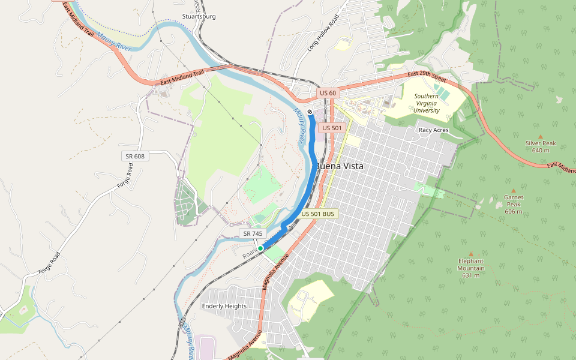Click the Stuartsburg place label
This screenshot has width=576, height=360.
(x=199, y=17)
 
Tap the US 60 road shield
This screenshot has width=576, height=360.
(x=328, y=93)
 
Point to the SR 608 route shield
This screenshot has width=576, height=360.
(x=135, y=156)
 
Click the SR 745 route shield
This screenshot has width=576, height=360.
(x=253, y=233)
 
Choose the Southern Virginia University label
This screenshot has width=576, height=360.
(x=426, y=103)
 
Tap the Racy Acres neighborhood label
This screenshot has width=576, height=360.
(x=433, y=130)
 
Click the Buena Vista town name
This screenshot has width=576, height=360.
(x=339, y=166)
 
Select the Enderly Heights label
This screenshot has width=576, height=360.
(x=224, y=306)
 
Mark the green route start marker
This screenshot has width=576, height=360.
(x=260, y=248)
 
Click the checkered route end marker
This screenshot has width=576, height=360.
(x=310, y=112)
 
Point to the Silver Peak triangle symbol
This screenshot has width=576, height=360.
(x=540, y=137)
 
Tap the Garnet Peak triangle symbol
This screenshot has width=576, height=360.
(x=513, y=190)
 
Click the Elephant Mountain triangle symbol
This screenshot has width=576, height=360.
(x=470, y=254)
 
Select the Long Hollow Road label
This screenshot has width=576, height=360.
(x=323, y=34)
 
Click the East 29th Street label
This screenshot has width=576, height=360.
(x=427, y=76)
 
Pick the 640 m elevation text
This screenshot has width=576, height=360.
(x=540, y=150)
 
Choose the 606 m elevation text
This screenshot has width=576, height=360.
(x=513, y=211)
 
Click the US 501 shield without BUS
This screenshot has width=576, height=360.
(x=332, y=128)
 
